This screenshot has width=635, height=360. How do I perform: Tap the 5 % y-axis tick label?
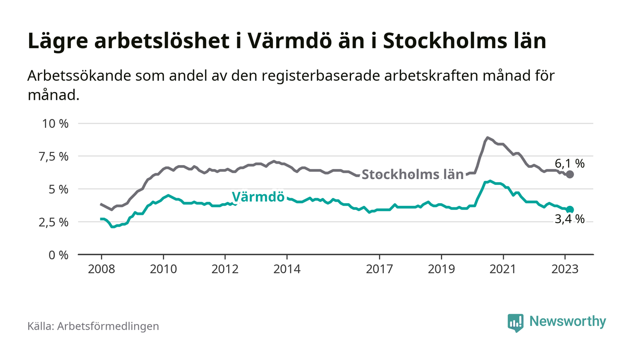[58, 189]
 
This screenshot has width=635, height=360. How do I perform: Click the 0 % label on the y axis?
[58, 255]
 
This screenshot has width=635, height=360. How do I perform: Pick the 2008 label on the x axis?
[101, 269]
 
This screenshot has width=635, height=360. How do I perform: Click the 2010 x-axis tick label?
[163, 269]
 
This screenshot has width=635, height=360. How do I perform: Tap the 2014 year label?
[287, 269]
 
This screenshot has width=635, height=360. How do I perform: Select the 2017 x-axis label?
[379, 269]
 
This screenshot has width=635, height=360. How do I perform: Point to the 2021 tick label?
[503, 269]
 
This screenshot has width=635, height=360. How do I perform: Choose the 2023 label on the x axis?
[565, 269]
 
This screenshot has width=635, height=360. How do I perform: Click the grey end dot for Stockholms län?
[570, 175]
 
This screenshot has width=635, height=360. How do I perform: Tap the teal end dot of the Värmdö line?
[570, 209]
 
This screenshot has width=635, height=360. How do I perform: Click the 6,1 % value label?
[569, 163]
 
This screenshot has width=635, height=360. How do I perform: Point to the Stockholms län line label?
[412, 175]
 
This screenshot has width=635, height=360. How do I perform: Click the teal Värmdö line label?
[258, 197]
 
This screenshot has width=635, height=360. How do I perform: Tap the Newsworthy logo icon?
[515, 322]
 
